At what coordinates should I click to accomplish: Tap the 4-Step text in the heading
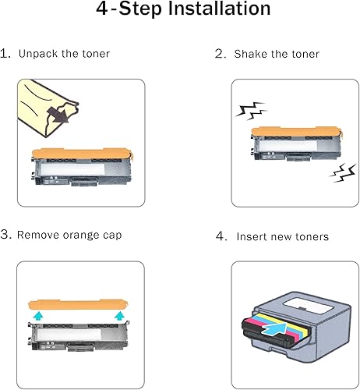pos(122,11)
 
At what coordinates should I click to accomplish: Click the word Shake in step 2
pos(251,54)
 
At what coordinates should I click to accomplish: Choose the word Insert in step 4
pos(253,236)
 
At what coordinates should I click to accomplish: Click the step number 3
pos(5,235)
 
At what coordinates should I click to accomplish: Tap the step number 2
pos(220,54)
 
